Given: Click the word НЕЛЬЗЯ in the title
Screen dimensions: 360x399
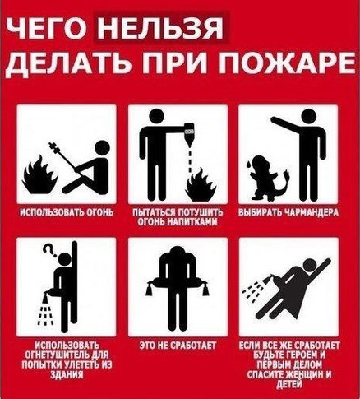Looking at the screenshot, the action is pyautogui.click(x=160, y=29).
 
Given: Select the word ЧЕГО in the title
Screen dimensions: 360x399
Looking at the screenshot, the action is pyautogui.click(x=48, y=29).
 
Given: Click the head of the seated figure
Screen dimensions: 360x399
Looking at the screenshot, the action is pyautogui.click(x=102, y=148).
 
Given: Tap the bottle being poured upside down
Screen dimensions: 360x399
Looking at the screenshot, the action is pyautogui.click(x=189, y=133).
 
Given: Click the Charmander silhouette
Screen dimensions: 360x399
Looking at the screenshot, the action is pyautogui.click(x=270, y=178).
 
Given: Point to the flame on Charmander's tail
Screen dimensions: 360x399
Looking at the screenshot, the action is pyautogui.click(x=287, y=174).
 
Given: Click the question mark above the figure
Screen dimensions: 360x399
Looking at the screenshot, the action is pyautogui.click(x=49, y=250).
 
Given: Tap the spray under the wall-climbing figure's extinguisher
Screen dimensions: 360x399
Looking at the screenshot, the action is pyautogui.click(x=45, y=312).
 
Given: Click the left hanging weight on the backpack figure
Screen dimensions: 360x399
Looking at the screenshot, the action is pyautogui.click(x=150, y=290).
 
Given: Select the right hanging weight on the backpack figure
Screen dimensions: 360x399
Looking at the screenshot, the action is pyautogui.click(x=205, y=290).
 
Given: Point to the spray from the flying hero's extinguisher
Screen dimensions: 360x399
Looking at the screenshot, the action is pyautogui.click(x=253, y=291).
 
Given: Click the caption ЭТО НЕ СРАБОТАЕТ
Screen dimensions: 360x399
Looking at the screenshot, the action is pyautogui.click(x=178, y=346).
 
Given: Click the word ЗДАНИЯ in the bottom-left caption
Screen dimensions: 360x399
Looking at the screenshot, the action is pyautogui.click(x=67, y=374).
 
